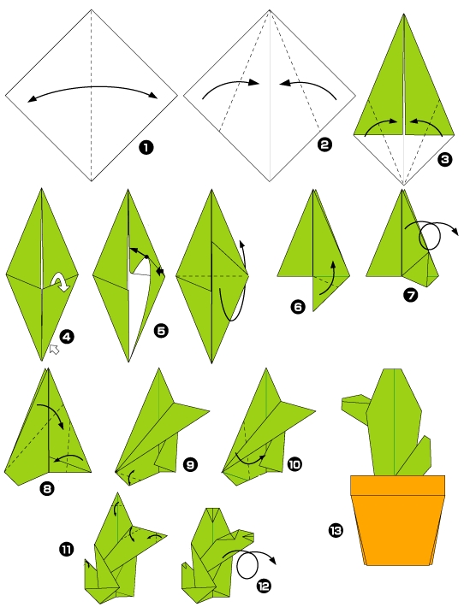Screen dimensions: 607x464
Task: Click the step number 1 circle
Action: [146, 147]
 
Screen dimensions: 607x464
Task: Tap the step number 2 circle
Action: [324, 145]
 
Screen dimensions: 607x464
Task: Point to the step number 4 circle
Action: [67, 336]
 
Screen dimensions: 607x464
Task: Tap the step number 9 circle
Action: [190, 464]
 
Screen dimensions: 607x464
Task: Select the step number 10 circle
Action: [294, 464]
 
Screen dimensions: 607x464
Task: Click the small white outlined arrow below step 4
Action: [54, 348]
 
